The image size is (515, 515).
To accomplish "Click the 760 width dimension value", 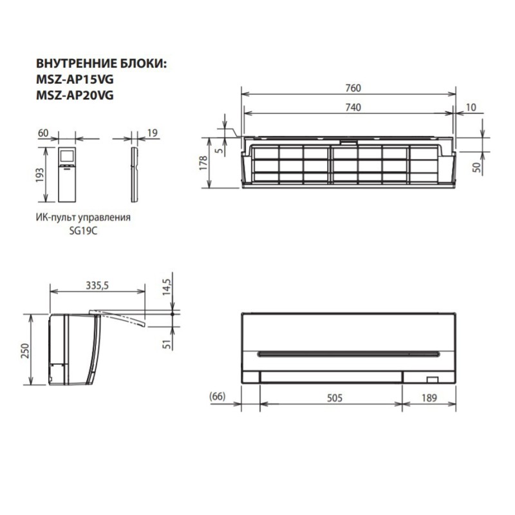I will tap(351, 88).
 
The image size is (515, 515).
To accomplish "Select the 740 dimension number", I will tap(351, 107).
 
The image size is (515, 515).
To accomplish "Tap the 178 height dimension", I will tap(203, 163).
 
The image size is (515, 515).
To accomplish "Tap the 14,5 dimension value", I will tap(167, 285).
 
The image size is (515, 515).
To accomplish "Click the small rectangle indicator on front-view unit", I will tap(431, 380).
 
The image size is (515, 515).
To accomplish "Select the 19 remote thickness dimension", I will tap(153, 133).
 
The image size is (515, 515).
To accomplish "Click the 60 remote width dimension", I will tap(44, 133).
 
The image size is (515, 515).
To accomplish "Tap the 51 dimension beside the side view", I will tap(167, 344).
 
